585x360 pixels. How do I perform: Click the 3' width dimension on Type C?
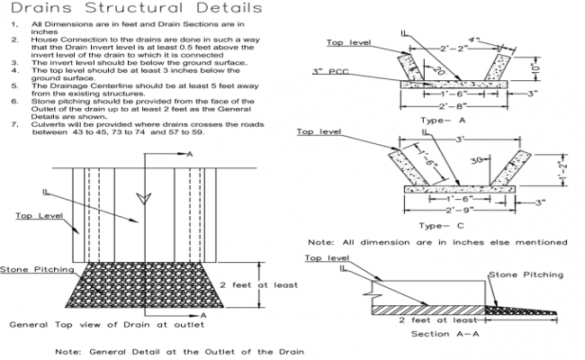pos(462,139)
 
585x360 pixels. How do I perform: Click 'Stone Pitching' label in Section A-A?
pos(525,274)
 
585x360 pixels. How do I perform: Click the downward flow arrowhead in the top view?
pos(138,196)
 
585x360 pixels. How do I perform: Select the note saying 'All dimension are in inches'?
pos(438,242)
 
